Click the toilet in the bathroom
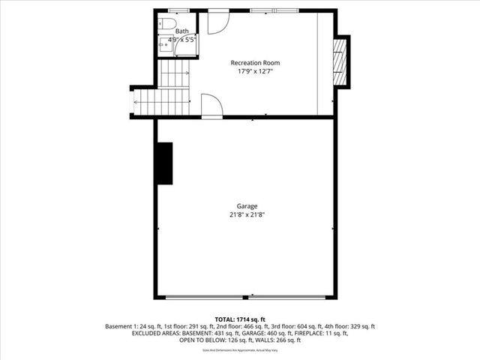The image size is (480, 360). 165,23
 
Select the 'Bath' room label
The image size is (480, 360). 182,31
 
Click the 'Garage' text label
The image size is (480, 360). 247,205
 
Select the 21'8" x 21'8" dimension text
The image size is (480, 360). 247,214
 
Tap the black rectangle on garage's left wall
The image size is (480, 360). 163,163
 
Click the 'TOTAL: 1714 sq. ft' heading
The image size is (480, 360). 240,319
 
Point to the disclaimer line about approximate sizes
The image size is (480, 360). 240,351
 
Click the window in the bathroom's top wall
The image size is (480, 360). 178,10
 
